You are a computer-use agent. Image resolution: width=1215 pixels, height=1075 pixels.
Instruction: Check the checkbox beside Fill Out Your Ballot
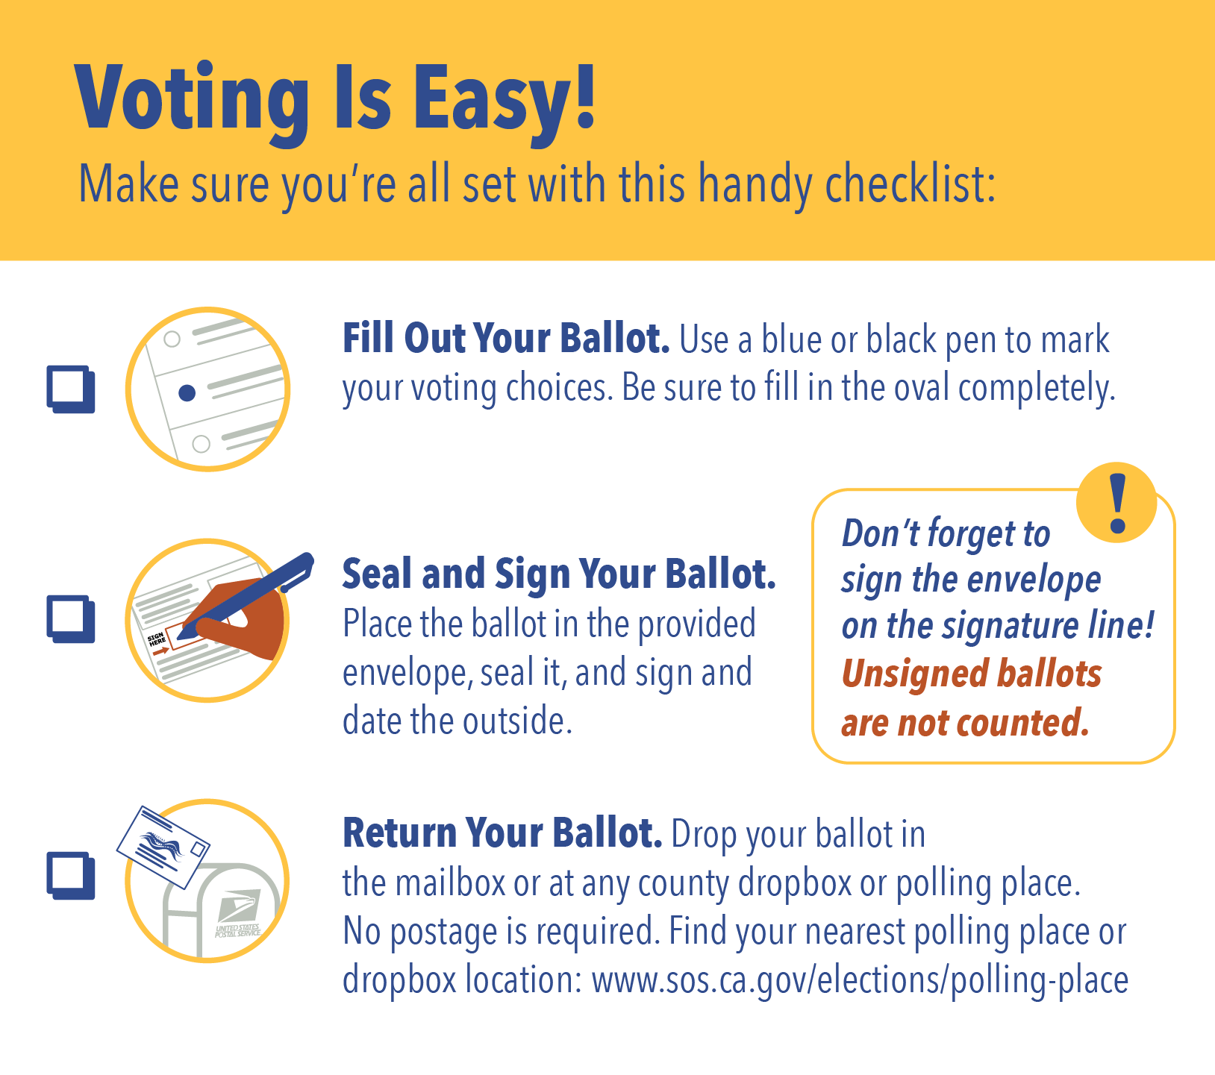71,389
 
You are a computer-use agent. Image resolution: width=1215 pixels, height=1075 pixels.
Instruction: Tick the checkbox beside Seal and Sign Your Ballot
71,618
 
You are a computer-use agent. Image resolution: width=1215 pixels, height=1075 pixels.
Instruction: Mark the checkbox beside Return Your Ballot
71,875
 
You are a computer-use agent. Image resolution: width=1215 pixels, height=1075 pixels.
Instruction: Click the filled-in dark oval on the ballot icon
187,392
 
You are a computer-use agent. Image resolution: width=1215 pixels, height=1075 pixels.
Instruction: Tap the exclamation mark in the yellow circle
1117,504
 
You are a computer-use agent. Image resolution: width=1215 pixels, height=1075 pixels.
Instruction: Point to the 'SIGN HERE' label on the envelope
157,639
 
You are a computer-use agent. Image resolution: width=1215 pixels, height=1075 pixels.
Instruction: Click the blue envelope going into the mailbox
163,847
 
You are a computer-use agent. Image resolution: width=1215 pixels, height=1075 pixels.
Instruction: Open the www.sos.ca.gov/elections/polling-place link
860,980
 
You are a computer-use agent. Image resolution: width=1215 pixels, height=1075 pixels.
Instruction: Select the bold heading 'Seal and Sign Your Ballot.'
559,575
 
